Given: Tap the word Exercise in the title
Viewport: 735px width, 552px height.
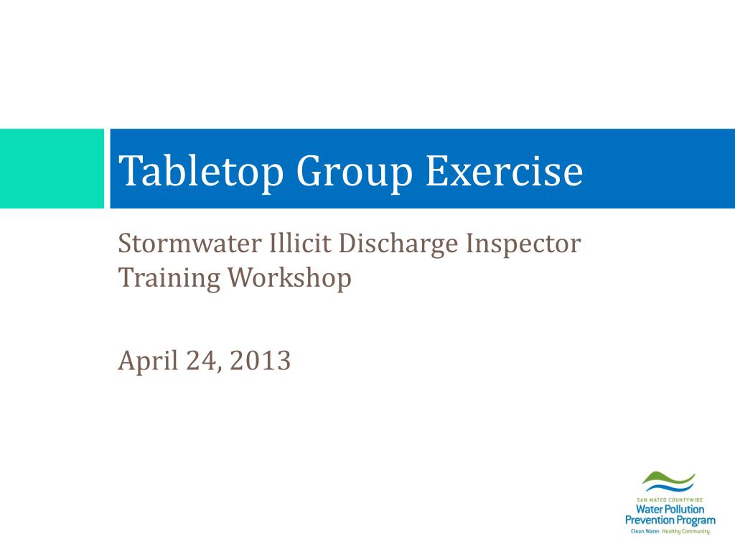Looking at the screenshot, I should pyautogui.click(x=504, y=171).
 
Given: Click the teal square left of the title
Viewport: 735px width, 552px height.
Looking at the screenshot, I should pyautogui.click(x=52, y=169).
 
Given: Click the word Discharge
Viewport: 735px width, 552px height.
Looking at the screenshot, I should pyautogui.click(x=398, y=244).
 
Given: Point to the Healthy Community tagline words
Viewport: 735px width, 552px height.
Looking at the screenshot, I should pyautogui.click(x=686, y=531).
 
